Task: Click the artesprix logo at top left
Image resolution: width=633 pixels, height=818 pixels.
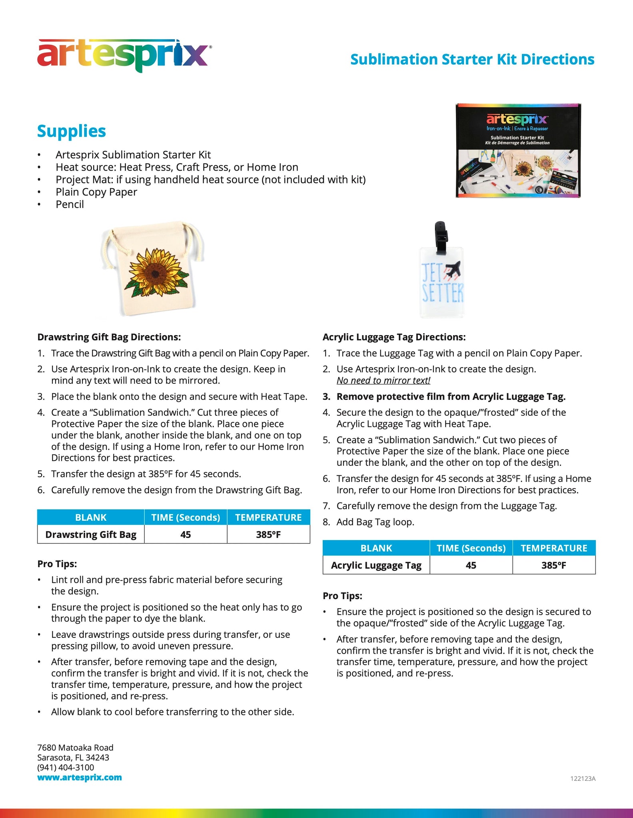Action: click(123, 56)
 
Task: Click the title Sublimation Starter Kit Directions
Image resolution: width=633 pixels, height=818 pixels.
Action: click(472, 60)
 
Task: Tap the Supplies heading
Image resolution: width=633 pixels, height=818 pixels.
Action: click(72, 131)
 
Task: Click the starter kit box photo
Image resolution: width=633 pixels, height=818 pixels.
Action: click(518, 151)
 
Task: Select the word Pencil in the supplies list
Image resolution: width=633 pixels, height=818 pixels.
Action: click(70, 204)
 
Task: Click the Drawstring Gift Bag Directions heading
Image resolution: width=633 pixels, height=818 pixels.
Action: click(109, 337)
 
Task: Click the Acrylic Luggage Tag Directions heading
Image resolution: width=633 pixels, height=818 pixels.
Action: click(394, 337)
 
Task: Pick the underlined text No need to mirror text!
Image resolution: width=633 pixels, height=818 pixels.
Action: click(383, 381)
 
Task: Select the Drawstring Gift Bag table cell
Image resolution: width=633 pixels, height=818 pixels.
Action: click(91, 534)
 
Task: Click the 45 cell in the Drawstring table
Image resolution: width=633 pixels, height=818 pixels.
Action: click(186, 534)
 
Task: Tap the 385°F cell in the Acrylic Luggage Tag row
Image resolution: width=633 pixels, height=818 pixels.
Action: click(554, 565)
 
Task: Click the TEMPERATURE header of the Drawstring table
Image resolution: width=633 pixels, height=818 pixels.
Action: click(268, 518)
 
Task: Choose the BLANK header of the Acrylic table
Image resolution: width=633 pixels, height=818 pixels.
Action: click(376, 548)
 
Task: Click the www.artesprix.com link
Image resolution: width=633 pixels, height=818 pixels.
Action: click(80, 777)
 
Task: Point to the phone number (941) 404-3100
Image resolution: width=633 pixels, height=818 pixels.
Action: click(66, 767)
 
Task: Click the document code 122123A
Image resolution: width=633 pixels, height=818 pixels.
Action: click(583, 778)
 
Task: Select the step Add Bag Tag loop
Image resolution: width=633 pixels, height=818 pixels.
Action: click(375, 522)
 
